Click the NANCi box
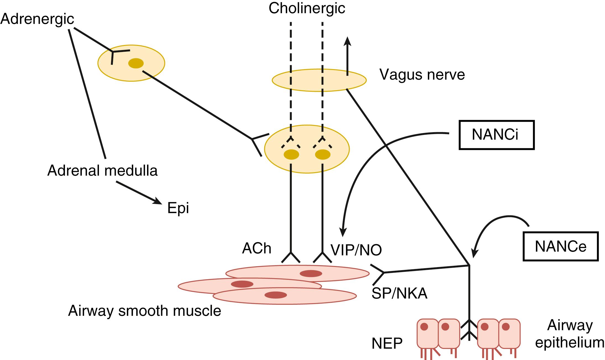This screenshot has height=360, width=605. pyautogui.click(x=496, y=135)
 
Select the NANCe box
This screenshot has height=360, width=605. pyautogui.click(x=561, y=246)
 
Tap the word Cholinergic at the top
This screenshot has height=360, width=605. pyautogui.click(x=307, y=8)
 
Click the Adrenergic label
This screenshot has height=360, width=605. pyautogui.click(x=37, y=19)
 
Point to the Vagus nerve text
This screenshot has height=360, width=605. pyautogui.click(x=422, y=74)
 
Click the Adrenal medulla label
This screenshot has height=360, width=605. pyautogui.click(x=102, y=171)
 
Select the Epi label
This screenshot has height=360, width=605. pyautogui.click(x=178, y=208)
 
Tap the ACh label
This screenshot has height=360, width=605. pyautogui.click(x=256, y=248)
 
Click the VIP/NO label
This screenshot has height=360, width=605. pyautogui.click(x=356, y=250)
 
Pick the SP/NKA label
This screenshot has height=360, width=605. pyautogui.click(x=399, y=294)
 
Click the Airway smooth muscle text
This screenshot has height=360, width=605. pyautogui.click(x=144, y=311)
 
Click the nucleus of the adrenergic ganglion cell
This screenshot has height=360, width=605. pyautogui.click(x=136, y=63)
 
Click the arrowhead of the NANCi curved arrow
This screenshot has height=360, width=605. pyautogui.click(x=343, y=232)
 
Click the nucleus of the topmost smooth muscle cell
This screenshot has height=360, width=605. pyautogui.click(x=311, y=274)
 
